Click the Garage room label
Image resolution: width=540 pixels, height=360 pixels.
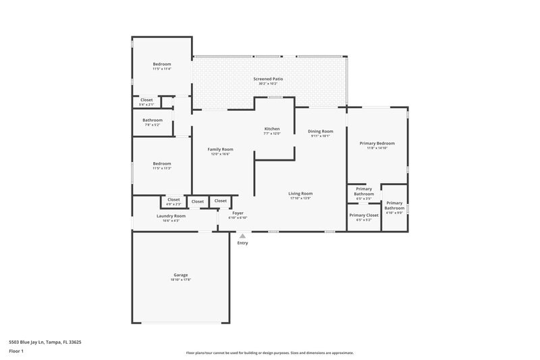[181, 275]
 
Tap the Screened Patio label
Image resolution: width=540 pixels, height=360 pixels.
[268, 79]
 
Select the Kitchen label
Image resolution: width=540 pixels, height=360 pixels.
[272, 128]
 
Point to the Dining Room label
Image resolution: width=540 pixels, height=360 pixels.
[321, 131]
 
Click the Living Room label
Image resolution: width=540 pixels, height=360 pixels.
[300, 193]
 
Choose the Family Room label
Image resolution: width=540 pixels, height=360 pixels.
[220, 149]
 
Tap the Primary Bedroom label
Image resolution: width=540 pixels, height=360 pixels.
[377, 143]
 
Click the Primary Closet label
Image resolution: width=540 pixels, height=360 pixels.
[363, 215]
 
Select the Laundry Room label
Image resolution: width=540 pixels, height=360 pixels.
[171, 215]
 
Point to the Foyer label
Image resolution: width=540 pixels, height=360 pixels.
[238, 213]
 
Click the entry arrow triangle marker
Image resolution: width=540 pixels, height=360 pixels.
[242, 236]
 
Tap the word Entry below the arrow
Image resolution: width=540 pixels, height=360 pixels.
[242, 243]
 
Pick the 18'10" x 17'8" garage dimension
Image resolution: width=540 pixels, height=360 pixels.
[181, 280]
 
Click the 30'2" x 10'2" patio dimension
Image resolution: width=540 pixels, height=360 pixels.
[268, 84]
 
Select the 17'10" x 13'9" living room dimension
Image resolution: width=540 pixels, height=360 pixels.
[300, 198]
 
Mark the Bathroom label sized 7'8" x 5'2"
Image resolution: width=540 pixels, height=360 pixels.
[153, 120]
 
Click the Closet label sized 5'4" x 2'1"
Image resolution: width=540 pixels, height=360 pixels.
[146, 100]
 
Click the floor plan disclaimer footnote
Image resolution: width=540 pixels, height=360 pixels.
[269, 353]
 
